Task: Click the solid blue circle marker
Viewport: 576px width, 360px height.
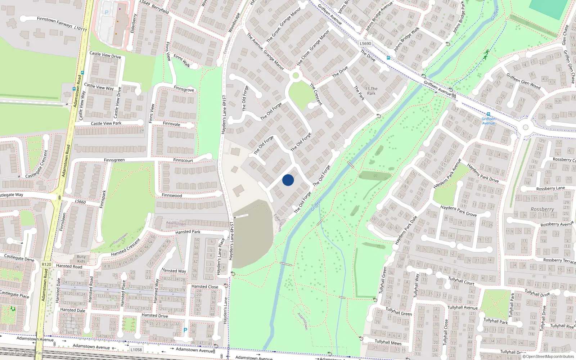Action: click(x=288, y=180)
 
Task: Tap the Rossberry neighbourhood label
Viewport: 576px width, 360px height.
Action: click(x=542, y=209)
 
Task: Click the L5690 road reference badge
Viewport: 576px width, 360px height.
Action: click(x=365, y=44)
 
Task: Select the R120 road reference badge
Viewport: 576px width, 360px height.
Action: click(x=46, y=264)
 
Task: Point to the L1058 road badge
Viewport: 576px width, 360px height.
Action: click(x=136, y=350)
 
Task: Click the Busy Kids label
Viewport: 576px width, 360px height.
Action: click(x=81, y=259)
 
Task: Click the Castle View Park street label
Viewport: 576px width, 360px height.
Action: click(x=106, y=123)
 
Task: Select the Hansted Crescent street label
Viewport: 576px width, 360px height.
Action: click(x=126, y=247)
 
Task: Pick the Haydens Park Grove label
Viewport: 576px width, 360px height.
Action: click(x=459, y=211)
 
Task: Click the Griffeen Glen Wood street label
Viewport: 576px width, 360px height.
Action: click(x=523, y=81)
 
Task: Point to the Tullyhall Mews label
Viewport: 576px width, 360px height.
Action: click(x=388, y=342)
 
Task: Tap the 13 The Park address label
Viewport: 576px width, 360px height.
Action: click(x=371, y=91)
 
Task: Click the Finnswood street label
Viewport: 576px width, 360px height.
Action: click(x=172, y=195)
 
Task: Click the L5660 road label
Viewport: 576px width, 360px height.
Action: click(x=80, y=202)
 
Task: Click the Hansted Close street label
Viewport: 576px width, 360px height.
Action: click(x=204, y=287)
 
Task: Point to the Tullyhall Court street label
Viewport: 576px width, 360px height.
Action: click(x=461, y=281)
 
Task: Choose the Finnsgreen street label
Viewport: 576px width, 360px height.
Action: click(x=114, y=160)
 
